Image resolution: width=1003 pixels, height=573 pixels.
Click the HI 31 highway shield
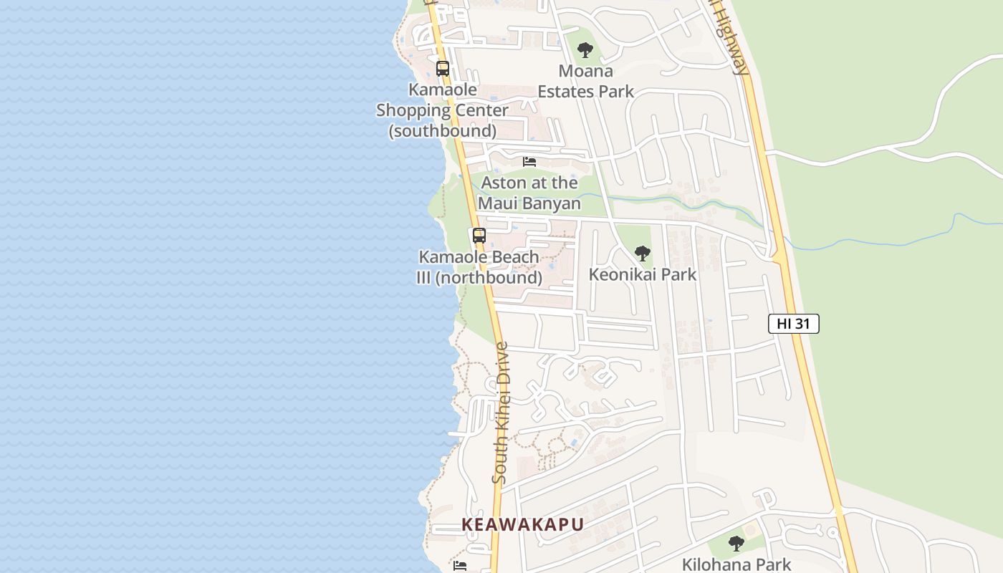(793, 324)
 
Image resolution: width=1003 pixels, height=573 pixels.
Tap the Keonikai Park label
(642, 274)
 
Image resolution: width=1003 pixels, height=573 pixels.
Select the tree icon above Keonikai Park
(643, 253)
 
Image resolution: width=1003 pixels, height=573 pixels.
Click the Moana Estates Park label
(586, 81)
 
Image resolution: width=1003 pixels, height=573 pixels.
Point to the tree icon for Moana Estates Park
(585, 50)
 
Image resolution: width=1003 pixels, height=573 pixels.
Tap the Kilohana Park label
(736, 564)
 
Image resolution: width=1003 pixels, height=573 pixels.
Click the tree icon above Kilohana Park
(736, 543)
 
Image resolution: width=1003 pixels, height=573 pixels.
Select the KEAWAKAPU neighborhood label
(523, 524)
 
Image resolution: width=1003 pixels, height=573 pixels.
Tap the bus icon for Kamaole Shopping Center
(443, 69)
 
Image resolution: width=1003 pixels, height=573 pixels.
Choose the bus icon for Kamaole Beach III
(479, 235)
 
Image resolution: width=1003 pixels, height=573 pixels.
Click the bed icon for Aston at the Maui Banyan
(529, 162)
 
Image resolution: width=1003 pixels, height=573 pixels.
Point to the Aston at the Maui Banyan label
(529, 193)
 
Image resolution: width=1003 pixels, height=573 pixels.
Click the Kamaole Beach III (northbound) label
(479, 267)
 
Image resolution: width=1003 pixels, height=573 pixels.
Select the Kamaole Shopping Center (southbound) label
(442, 110)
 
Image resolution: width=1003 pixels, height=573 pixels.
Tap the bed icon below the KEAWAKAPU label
(460, 566)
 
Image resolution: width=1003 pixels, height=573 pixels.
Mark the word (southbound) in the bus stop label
(442, 131)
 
